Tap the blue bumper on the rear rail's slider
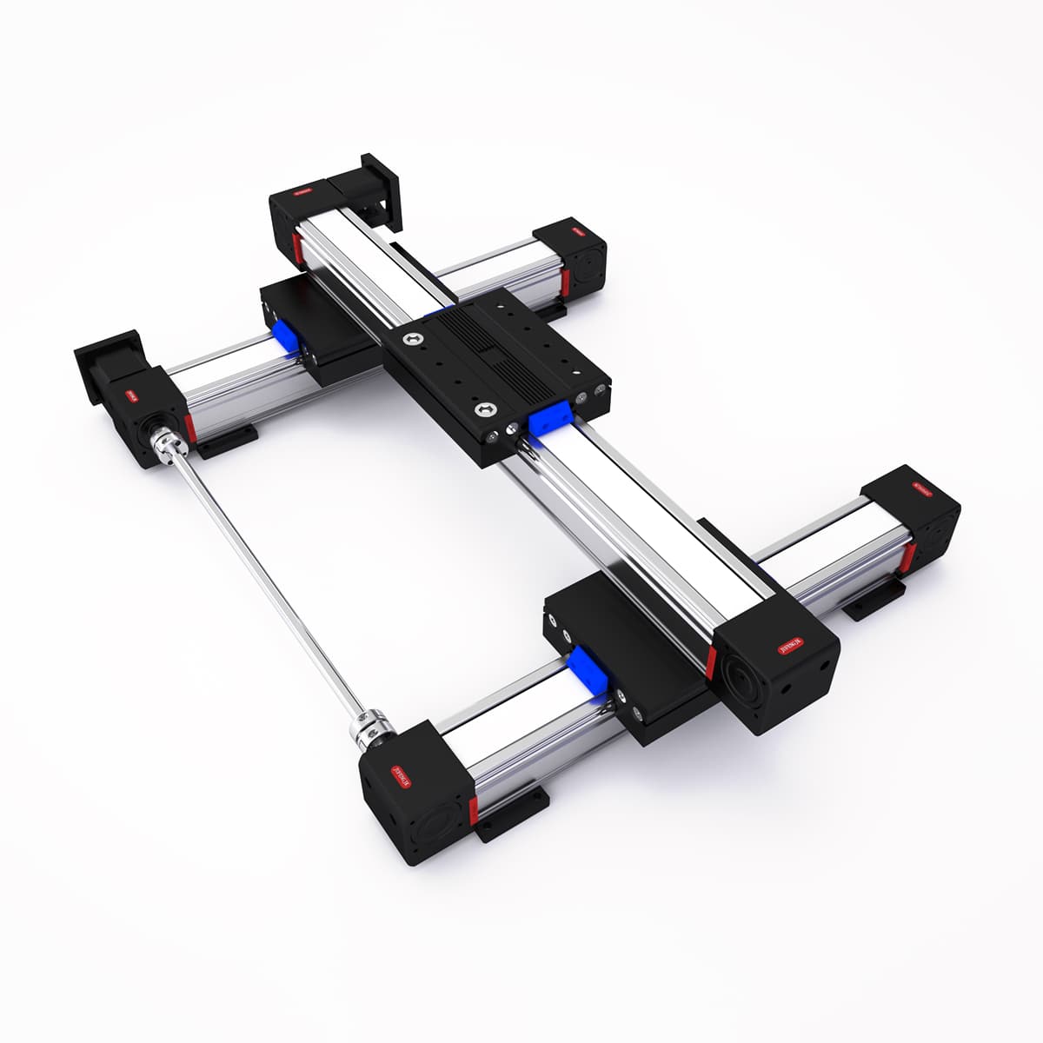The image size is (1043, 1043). (x=286, y=338)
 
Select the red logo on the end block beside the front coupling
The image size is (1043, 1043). (x=401, y=774)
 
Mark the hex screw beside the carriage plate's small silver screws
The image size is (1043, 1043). (x=482, y=409)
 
